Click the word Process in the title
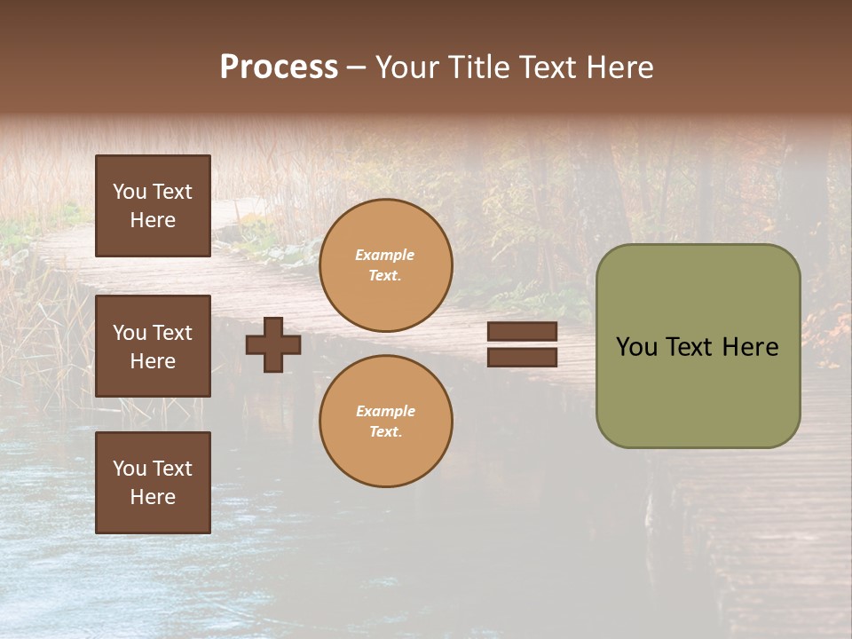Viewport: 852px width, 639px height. (279, 67)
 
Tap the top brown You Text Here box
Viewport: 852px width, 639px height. (153, 206)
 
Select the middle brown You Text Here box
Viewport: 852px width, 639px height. (153, 346)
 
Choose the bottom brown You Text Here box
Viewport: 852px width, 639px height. (153, 483)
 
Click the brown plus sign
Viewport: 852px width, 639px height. (273, 344)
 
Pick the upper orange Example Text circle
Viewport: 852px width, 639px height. (386, 265)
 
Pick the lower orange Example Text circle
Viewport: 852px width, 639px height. (386, 422)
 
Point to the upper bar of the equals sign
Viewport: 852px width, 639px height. (522, 331)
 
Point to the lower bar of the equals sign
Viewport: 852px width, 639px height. (522, 357)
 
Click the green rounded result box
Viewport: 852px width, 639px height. (698, 390)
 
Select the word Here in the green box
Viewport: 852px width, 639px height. (750, 347)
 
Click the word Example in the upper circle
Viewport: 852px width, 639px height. (385, 256)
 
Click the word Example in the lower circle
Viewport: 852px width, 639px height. (385, 412)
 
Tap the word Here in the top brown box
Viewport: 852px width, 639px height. (153, 220)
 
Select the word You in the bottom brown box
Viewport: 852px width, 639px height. (129, 469)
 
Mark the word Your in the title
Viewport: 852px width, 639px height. (407, 67)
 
